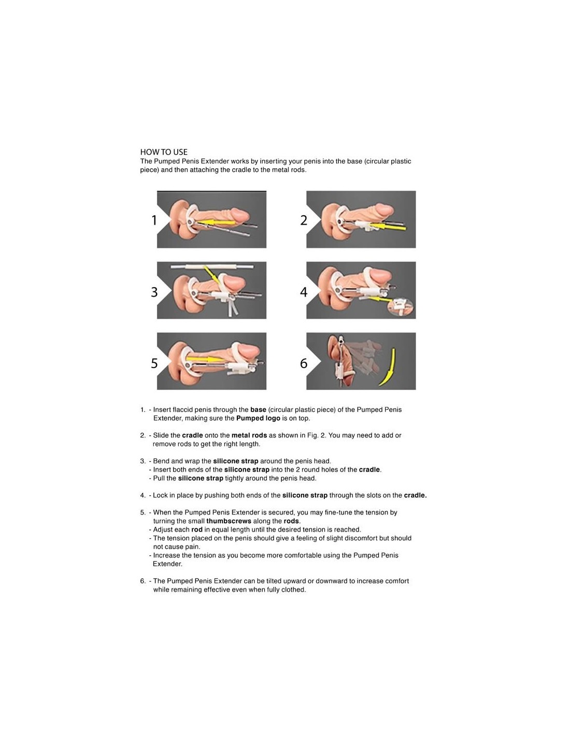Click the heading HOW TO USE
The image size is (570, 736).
(x=164, y=152)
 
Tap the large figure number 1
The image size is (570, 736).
(x=154, y=220)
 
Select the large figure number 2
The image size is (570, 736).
(x=304, y=220)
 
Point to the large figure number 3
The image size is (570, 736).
(x=154, y=291)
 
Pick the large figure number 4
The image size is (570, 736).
(x=304, y=291)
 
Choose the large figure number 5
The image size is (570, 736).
(x=154, y=363)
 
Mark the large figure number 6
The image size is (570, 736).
(x=304, y=363)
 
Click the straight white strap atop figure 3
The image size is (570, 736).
(x=212, y=267)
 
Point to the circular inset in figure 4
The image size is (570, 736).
(x=401, y=307)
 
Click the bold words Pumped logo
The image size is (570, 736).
(x=258, y=418)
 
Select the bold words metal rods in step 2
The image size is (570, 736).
(x=249, y=435)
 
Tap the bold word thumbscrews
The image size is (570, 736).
(x=229, y=521)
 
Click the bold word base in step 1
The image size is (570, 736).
(x=258, y=409)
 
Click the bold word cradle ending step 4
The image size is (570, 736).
(x=415, y=495)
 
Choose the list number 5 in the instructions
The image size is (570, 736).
(x=142, y=512)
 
